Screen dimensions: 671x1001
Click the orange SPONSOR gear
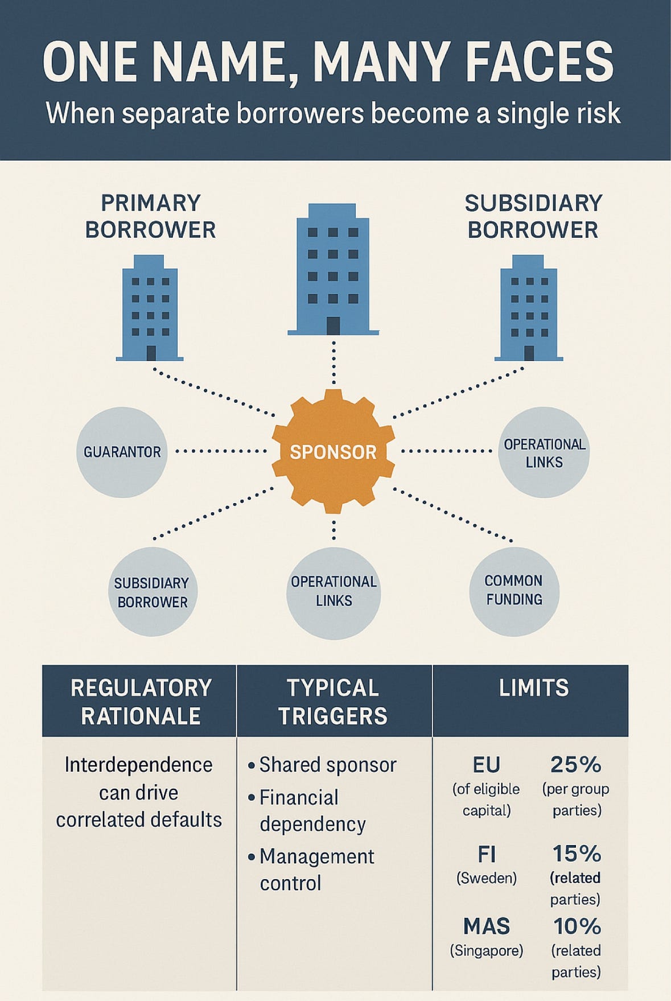coord(333,451)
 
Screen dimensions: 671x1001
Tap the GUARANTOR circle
coord(122,452)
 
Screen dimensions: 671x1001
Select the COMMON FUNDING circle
coord(514,591)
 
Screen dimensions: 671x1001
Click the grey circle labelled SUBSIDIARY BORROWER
coord(153,592)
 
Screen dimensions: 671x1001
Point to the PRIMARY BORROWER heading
coord(150,216)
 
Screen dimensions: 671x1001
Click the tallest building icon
coord(333,269)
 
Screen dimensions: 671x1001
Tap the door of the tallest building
coord(333,326)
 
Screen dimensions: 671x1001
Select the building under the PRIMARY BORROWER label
coord(150,308)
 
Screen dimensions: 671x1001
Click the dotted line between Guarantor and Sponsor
coord(221,451)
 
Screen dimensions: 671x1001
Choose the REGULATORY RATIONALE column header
coord(140,701)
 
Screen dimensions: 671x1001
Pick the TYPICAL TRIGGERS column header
coord(334,701)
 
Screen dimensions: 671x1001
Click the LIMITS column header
coord(533,688)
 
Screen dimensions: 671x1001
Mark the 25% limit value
coord(576,765)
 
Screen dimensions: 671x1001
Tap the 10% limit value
coord(577,926)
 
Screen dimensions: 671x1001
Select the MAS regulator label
coord(487,926)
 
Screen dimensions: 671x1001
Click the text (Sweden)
coord(487,878)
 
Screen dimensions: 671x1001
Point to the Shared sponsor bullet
coord(322,765)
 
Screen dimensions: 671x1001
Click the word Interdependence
coord(138,765)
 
